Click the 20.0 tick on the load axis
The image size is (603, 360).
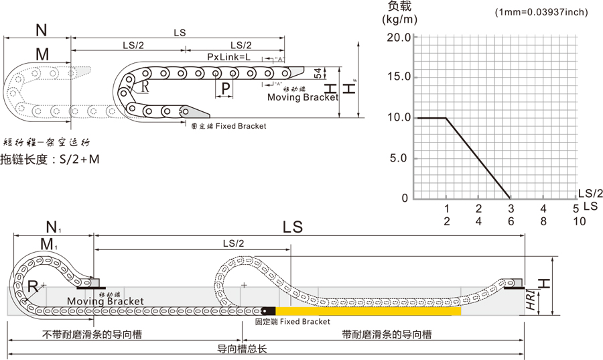398,38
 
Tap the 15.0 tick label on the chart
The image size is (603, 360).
398,77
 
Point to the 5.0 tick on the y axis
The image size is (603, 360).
401,158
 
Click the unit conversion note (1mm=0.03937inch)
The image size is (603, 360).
541,12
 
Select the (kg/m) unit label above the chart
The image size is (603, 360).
399,19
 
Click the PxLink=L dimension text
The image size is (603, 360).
229,58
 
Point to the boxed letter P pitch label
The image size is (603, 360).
225,88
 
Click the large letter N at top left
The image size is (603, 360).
42,30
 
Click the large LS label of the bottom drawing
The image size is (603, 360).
293,227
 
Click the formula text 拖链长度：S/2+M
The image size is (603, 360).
50,159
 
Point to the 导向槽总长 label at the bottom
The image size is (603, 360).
242,349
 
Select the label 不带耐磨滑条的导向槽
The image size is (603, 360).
92,334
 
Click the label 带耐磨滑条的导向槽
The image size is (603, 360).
386,334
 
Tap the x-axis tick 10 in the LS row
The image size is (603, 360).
580,221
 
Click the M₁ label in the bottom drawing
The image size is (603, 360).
48,245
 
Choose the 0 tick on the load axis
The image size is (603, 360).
405,198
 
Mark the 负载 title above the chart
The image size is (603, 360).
399,6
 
